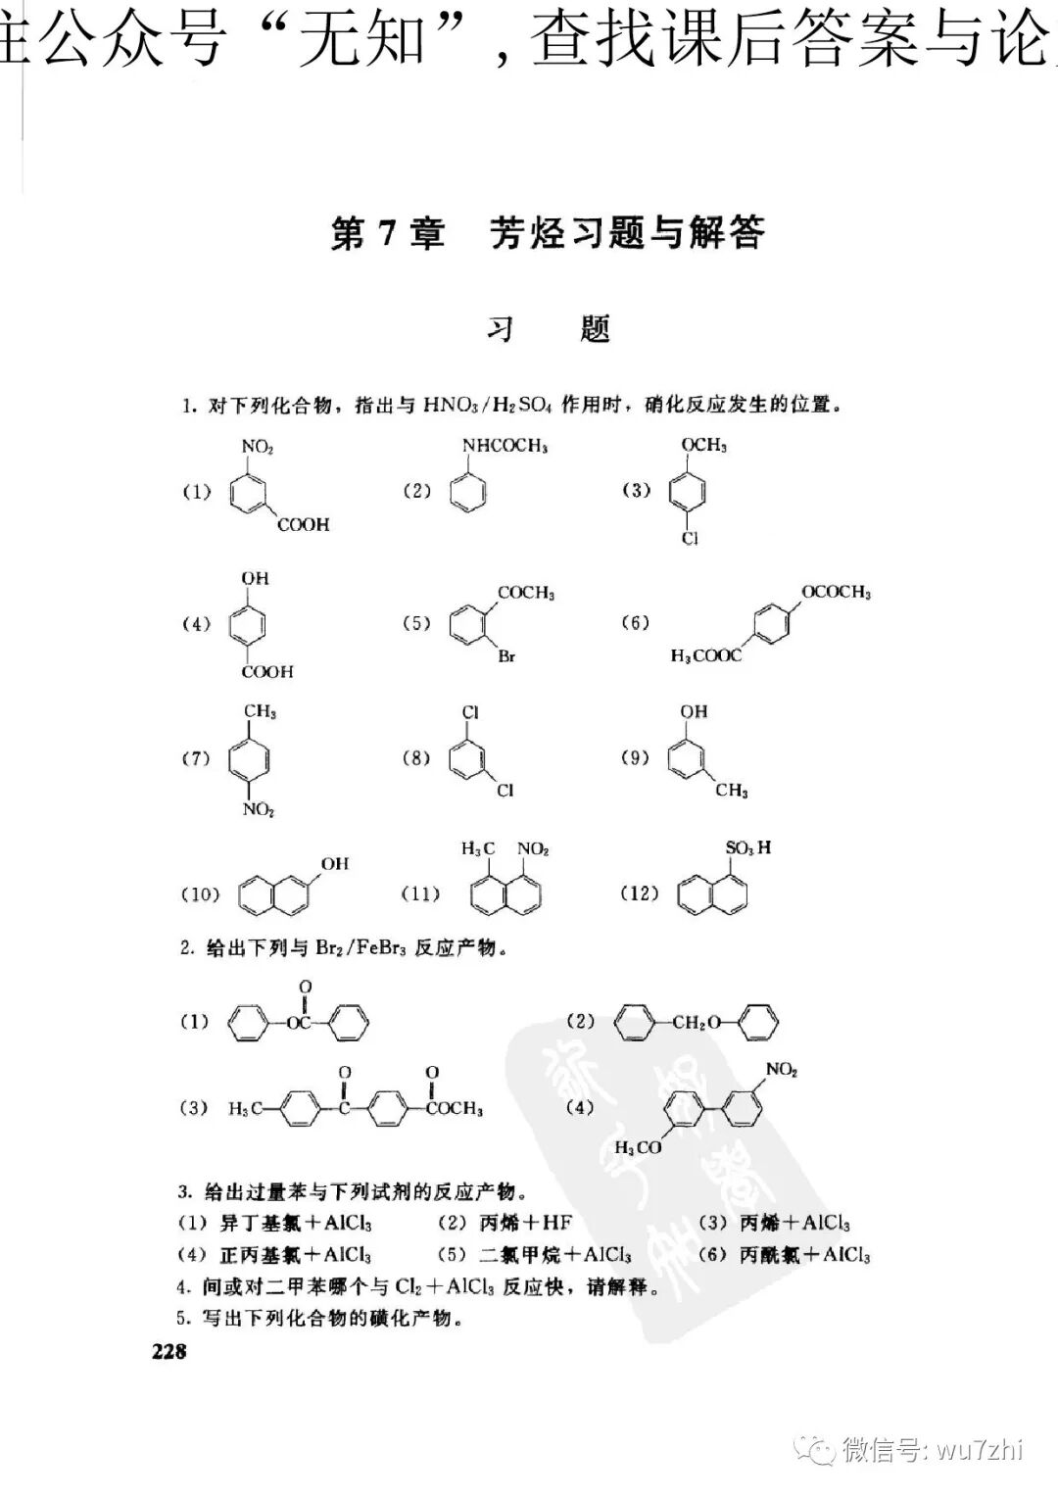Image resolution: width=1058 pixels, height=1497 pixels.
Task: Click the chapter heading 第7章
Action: (389, 234)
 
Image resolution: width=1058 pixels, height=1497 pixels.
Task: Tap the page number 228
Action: (168, 1351)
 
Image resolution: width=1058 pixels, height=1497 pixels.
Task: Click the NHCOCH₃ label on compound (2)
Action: (505, 446)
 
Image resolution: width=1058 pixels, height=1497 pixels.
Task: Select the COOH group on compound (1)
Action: (304, 525)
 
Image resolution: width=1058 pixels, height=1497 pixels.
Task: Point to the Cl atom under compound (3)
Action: (691, 539)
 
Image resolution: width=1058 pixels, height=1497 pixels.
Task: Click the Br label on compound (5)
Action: (506, 656)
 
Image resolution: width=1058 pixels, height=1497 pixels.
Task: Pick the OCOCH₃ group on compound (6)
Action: (836, 592)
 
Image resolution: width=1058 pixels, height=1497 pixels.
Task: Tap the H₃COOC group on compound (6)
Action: (705, 655)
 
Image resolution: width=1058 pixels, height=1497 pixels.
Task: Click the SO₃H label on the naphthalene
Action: (747, 847)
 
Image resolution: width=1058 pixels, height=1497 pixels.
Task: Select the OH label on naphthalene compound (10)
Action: (334, 863)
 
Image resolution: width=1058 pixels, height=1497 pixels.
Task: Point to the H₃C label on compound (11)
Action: (479, 848)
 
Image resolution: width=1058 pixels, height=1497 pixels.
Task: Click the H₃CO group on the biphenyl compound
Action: (638, 1146)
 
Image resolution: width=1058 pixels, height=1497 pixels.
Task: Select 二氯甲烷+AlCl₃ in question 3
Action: (554, 1255)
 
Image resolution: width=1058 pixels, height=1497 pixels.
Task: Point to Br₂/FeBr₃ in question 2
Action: (361, 948)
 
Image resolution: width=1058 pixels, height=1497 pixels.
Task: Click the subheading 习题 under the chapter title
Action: (549, 328)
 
